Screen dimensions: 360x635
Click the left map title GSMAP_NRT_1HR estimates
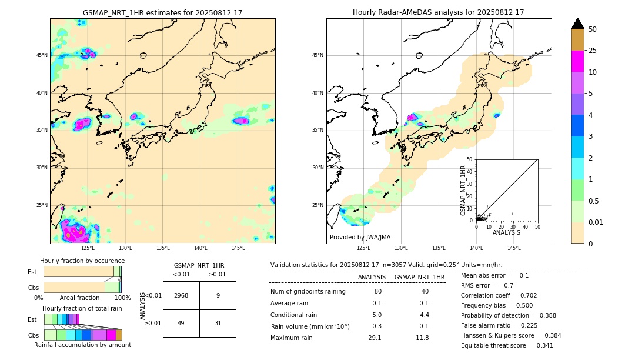click(x=162, y=12)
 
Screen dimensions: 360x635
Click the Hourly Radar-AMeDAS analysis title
click(x=438, y=12)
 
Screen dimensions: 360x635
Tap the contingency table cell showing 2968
click(x=181, y=295)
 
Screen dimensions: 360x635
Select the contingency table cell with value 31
click(x=218, y=323)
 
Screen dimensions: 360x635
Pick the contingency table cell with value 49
click(x=181, y=323)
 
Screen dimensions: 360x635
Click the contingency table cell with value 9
click(x=218, y=295)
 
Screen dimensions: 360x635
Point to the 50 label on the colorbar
click(x=593, y=29)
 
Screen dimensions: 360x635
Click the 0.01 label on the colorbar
click(x=596, y=222)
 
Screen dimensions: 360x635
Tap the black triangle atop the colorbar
click(x=577, y=24)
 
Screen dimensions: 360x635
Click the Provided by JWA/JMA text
click(x=360, y=238)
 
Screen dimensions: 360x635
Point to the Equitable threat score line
click(x=507, y=345)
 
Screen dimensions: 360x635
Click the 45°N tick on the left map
click(x=42, y=55)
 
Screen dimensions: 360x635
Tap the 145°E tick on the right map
click(x=514, y=248)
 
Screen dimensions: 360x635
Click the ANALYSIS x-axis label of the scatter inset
click(x=506, y=232)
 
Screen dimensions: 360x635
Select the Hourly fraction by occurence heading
click(x=82, y=261)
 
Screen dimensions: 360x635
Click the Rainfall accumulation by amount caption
click(x=82, y=345)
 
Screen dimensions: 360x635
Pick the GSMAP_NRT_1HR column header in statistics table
click(x=419, y=277)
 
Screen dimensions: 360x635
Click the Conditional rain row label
click(x=294, y=315)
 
